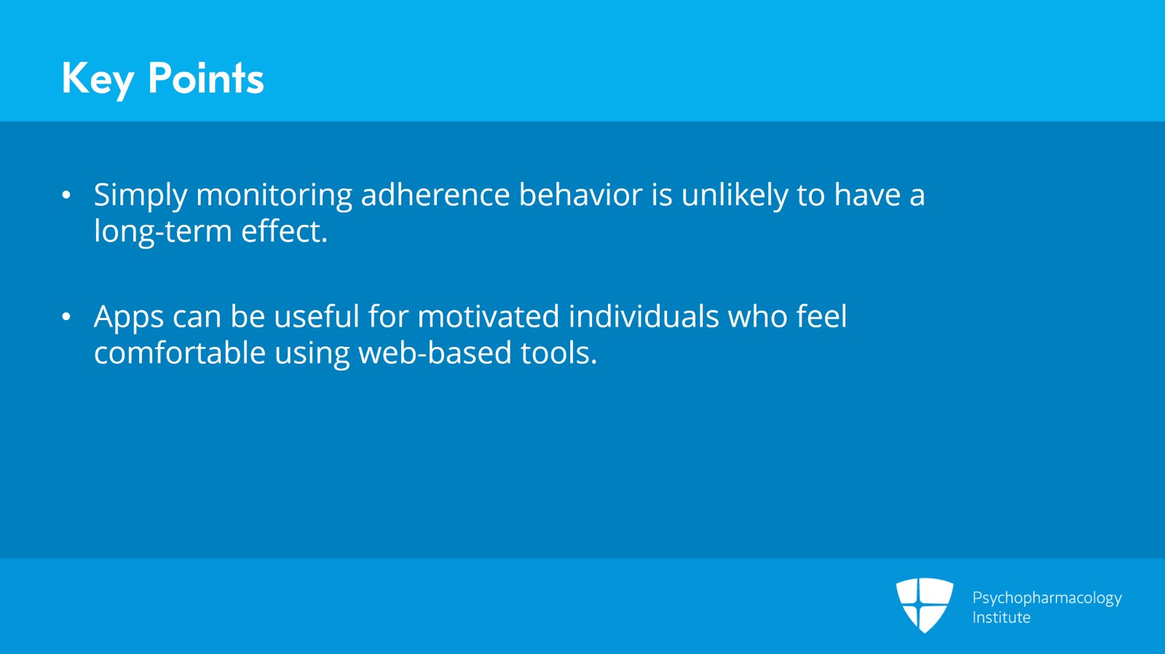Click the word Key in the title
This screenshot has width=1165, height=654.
tap(98, 80)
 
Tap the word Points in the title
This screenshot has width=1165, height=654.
tap(206, 78)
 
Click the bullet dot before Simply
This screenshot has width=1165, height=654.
tap(66, 195)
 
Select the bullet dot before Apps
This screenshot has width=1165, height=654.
tap(66, 317)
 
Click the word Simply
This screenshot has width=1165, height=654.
tap(141, 196)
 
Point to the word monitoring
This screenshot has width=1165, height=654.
tap(274, 196)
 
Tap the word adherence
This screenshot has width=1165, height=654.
tap(435, 195)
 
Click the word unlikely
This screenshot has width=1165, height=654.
tap(735, 196)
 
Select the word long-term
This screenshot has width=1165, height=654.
tap(163, 232)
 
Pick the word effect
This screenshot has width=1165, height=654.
tap(285, 231)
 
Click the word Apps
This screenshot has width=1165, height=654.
tap(129, 318)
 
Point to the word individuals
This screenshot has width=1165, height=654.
tap(644, 316)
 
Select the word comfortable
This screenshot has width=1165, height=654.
tap(180, 353)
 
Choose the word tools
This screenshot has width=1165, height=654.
tap(559, 353)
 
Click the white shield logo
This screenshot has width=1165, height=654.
tap(925, 605)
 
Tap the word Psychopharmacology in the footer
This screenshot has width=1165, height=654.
tap(1047, 599)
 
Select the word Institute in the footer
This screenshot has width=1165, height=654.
tap(1001, 617)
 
